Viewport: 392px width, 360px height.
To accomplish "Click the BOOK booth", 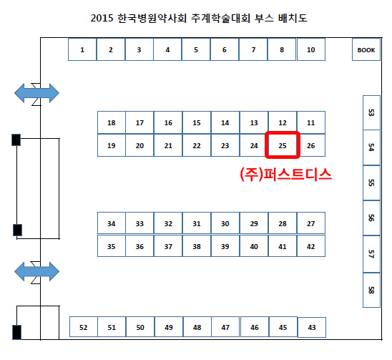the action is pyautogui.click(x=366, y=49).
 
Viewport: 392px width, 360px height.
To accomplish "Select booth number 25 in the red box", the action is pyautogui.click(x=283, y=145).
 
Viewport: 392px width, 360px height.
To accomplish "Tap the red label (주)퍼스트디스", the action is pyautogui.click(x=285, y=174).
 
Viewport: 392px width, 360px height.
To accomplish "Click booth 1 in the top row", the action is pyautogui.click(x=82, y=49).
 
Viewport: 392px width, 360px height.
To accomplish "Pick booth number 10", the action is pyautogui.click(x=311, y=49).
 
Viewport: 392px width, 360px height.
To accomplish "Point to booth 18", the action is pyautogui.click(x=112, y=122).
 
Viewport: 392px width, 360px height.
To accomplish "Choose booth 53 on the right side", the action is pyautogui.click(x=371, y=112).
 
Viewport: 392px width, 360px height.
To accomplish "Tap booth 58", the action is pyautogui.click(x=371, y=290).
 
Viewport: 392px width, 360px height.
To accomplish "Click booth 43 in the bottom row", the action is pyautogui.click(x=312, y=327).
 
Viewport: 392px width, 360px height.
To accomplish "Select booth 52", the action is pyautogui.click(x=84, y=327).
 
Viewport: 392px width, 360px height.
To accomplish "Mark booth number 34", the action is pyautogui.click(x=112, y=223).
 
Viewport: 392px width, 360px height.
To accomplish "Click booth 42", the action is pyautogui.click(x=311, y=246).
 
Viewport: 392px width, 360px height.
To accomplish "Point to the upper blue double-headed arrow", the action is pyautogui.click(x=36, y=93).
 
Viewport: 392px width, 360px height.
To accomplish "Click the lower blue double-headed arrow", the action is pyautogui.click(x=36, y=271).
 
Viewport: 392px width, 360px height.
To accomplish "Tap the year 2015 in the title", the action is pyautogui.click(x=102, y=18).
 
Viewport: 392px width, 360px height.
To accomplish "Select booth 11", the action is pyautogui.click(x=311, y=122).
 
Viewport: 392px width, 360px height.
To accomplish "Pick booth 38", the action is pyautogui.click(x=197, y=246).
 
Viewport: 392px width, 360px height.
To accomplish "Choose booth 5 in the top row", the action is pyautogui.click(x=196, y=49).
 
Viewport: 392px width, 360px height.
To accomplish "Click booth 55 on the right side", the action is pyautogui.click(x=371, y=183).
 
